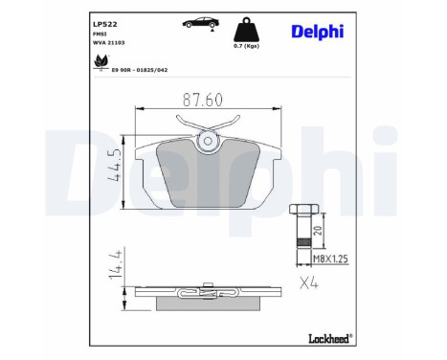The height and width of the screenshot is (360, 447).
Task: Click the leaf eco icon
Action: pyautogui.click(x=100, y=61)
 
